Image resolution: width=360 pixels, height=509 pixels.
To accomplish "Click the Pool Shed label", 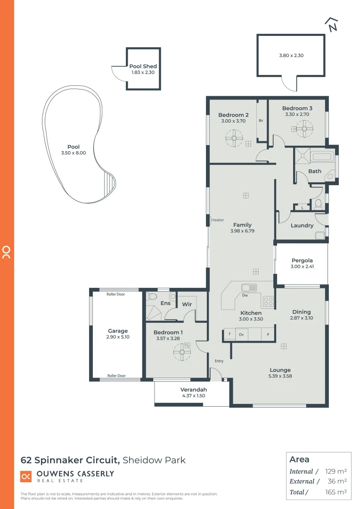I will (143, 66).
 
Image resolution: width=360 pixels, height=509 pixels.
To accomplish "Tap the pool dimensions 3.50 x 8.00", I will (74, 153).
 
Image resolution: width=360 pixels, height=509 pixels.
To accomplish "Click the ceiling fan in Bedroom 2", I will (234, 139).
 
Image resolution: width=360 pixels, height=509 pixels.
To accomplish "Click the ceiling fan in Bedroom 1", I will (181, 351).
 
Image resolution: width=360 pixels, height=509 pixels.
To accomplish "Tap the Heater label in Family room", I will (218, 220).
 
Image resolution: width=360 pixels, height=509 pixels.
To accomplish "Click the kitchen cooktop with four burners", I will (268, 301).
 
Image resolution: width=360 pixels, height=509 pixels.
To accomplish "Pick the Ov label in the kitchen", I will (241, 334).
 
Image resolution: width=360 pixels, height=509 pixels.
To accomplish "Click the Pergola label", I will (302, 260).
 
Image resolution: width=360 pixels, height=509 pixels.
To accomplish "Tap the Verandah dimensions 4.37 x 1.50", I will (193, 396).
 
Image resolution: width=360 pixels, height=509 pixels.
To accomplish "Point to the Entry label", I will (219, 361).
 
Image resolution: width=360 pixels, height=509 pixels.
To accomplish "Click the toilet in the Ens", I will (152, 297).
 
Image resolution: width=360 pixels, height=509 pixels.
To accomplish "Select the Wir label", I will (187, 304).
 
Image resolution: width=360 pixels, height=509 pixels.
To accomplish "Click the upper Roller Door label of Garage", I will (115, 294).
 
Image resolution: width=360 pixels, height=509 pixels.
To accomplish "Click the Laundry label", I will (302, 225).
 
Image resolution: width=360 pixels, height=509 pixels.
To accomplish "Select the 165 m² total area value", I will (337, 493).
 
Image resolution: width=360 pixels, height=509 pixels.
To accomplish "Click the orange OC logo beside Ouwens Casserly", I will (26, 476).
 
